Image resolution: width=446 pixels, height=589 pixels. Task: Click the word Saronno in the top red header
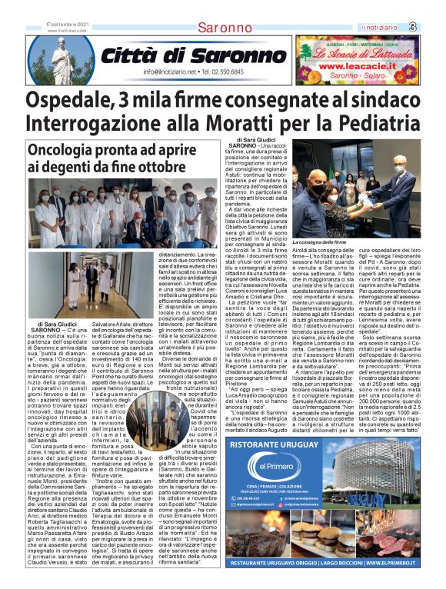click(x=224, y=28)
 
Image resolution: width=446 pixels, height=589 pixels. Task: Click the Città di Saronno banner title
click(x=183, y=55)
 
